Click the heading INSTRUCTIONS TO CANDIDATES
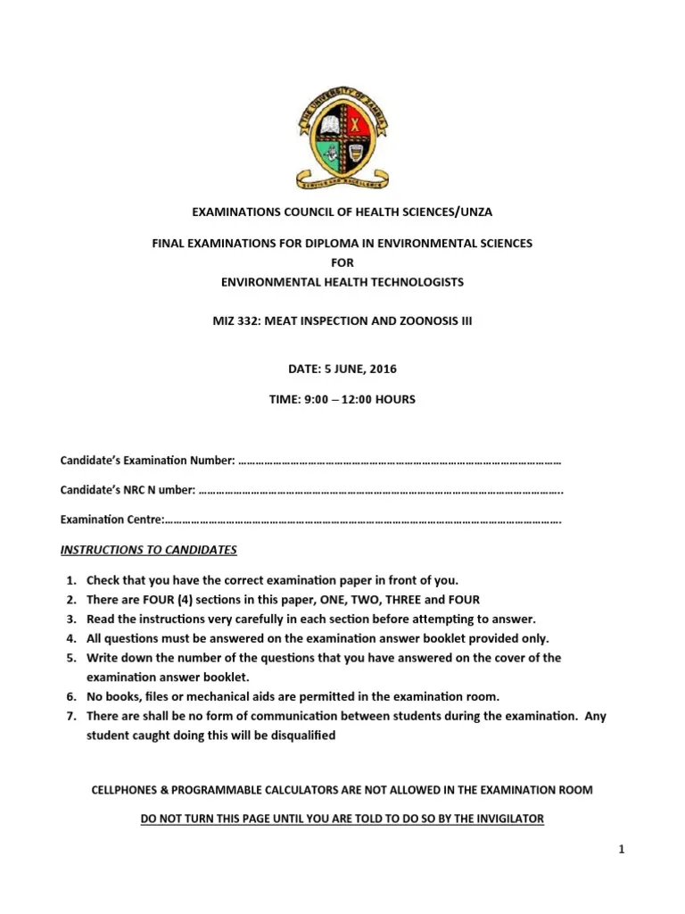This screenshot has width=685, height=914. coord(148,549)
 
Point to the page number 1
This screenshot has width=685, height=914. coord(622,849)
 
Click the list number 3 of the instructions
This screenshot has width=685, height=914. coord(70,619)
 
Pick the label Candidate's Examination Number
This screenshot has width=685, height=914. coord(147,461)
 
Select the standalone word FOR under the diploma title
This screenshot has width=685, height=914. coord(342,262)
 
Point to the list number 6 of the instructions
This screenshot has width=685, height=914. coord(70,696)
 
